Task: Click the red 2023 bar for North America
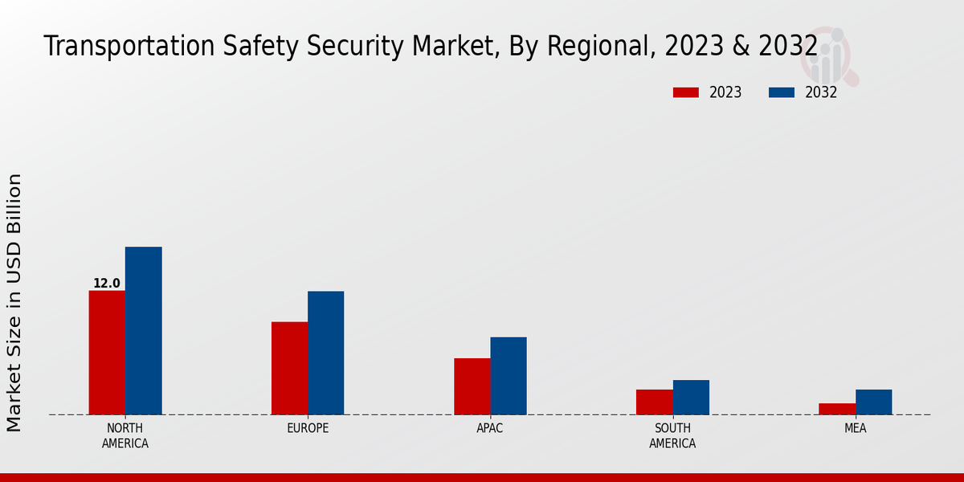click(x=107, y=353)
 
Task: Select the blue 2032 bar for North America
click(x=143, y=331)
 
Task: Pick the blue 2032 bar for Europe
click(x=325, y=353)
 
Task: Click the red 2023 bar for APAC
click(x=472, y=386)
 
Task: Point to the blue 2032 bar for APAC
click(x=509, y=376)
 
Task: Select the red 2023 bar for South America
click(x=654, y=402)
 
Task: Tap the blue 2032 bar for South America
click(x=691, y=397)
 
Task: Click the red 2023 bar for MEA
click(x=836, y=409)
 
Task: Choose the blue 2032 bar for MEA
click(x=873, y=402)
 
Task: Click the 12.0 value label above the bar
click(x=107, y=284)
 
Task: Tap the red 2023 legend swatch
click(x=686, y=92)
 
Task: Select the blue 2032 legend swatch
click(x=781, y=92)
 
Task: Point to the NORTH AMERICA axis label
click(x=125, y=435)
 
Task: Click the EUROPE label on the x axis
click(x=308, y=428)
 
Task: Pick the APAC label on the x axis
click(x=490, y=428)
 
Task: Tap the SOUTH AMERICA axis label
click(x=672, y=435)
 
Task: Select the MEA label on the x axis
click(x=855, y=428)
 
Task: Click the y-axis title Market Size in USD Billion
click(x=14, y=302)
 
